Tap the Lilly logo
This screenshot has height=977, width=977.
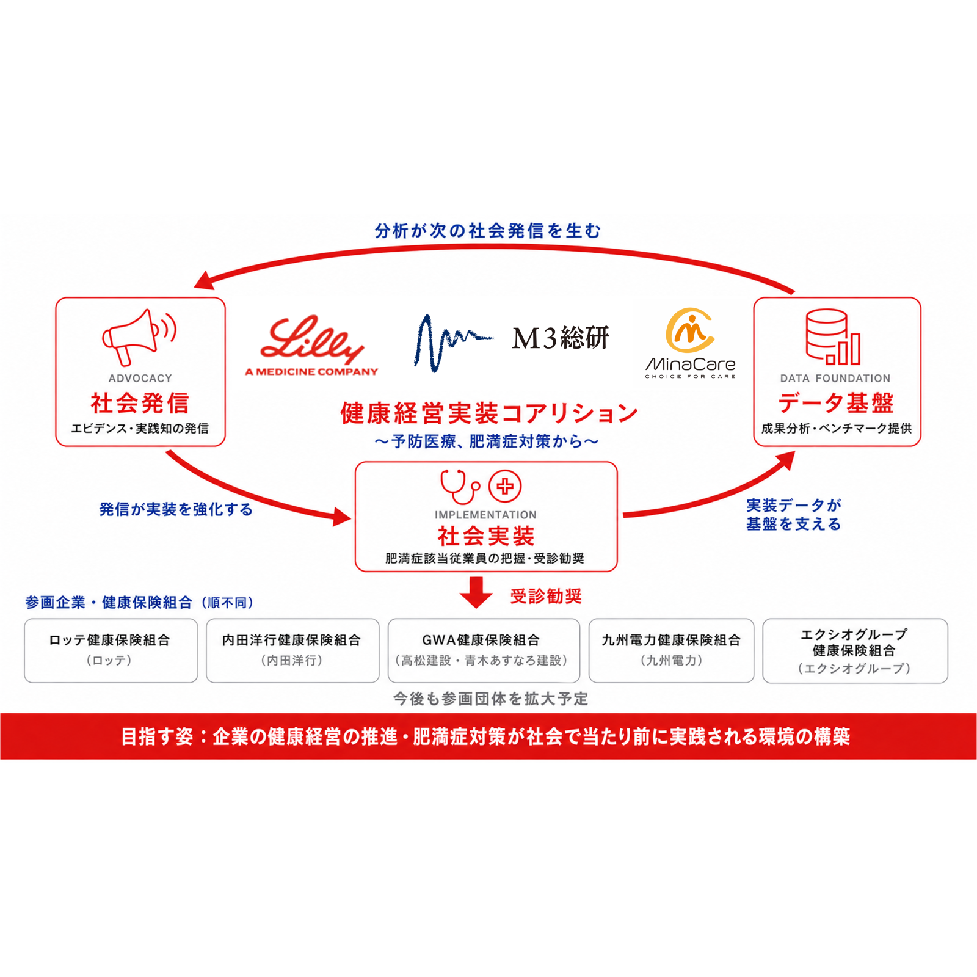311,345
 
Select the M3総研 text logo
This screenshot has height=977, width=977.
560,338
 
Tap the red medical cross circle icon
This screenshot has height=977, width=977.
505,487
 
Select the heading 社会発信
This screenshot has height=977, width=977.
140,403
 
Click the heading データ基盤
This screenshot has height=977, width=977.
836,403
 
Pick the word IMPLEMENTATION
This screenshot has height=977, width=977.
485,515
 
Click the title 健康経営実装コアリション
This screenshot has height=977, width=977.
488,413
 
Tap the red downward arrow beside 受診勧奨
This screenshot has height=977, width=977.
476,592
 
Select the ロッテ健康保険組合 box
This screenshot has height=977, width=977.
111,650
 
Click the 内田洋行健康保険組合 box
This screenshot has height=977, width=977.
292,650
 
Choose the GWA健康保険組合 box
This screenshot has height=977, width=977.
484,650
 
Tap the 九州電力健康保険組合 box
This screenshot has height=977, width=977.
671,650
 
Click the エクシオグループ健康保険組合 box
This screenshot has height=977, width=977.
855,650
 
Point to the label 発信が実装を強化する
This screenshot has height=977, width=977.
176,509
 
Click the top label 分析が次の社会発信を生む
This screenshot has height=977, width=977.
488,231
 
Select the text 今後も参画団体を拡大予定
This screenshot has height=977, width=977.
490,699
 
